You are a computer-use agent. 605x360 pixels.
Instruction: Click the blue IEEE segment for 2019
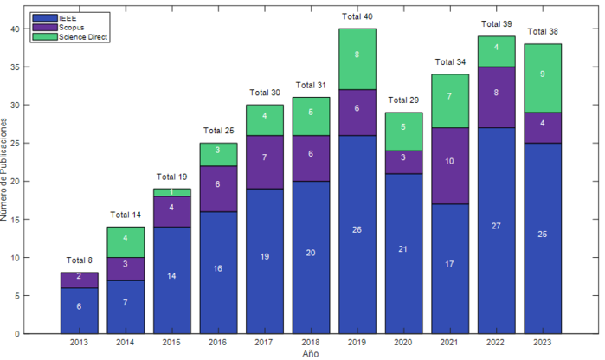[357, 234]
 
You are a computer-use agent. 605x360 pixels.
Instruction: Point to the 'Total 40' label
[357, 17]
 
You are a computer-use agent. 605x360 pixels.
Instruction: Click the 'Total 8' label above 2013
[79, 261]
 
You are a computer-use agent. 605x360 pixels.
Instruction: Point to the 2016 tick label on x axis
[218, 344]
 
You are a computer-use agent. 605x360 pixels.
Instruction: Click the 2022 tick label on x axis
[496, 344]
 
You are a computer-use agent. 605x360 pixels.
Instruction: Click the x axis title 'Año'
[310, 354]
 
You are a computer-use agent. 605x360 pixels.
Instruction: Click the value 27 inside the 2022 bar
[496, 227]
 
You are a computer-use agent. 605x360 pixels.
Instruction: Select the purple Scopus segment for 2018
[311, 154]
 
